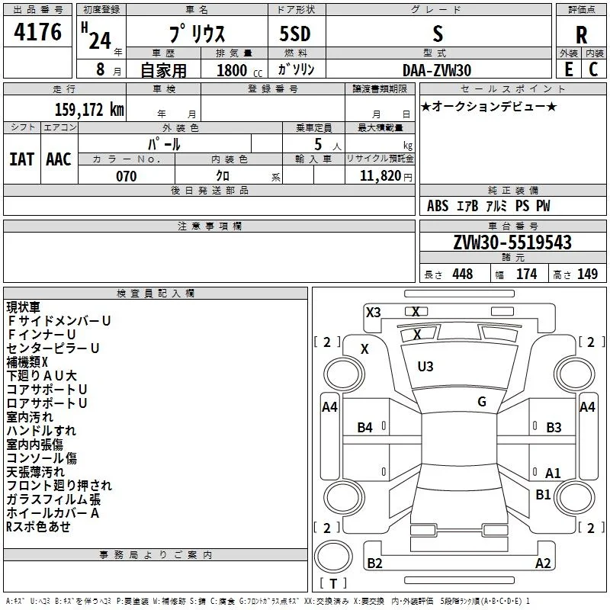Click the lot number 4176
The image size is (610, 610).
tap(37, 32)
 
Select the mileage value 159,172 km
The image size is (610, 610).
tap(89, 109)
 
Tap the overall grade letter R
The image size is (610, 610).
tap(581, 35)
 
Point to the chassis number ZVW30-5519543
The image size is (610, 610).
tap(512, 242)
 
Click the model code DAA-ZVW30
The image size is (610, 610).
tap(437, 70)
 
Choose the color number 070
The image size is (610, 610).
tap(127, 176)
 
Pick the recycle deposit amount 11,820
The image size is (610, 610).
tap(380, 176)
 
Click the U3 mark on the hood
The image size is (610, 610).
tap(425, 367)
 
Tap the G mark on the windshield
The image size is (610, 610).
tap(482, 402)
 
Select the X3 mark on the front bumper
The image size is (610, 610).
tap(373, 313)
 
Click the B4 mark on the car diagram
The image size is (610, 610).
tap(365, 428)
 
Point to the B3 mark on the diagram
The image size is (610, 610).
tap(554, 428)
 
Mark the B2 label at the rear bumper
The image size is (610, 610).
tap(374, 563)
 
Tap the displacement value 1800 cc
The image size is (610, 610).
tap(239, 70)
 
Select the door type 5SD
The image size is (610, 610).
tap(295, 34)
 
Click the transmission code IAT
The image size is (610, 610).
tap(22, 159)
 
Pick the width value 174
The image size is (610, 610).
tap(526, 274)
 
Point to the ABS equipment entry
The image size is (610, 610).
tap(438, 206)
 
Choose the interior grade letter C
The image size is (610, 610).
tap(593, 69)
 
